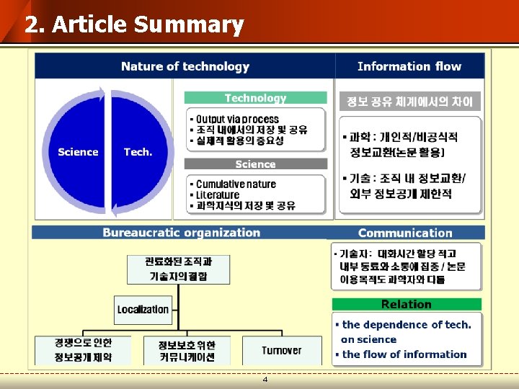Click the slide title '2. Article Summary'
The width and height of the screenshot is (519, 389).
pyautogui.click(x=134, y=24)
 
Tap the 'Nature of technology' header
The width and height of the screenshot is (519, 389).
pyautogui.click(x=185, y=66)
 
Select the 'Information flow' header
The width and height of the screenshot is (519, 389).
pyautogui.click(x=409, y=66)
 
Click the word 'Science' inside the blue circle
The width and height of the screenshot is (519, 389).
pyautogui.click(x=78, y=152)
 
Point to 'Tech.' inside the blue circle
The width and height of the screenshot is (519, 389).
pyautogui.click(x=138, y=152)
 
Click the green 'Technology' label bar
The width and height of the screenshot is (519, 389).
pyautogui.click(x=255, y=98)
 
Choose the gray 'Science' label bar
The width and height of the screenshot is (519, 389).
pyautogui.click(x=255, y=164)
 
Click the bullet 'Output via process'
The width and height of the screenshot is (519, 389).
pyautogui.click(x=237, y=119)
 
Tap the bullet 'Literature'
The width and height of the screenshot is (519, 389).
pyautogui.click(x=217, y=194)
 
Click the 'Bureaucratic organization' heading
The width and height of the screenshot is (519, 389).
pyautogui.click(x=181, y=233)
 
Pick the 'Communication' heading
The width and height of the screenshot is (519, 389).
pyautogui.click(x=405, y=233)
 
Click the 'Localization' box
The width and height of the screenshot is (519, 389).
pyautogui.click(x=143, y=310)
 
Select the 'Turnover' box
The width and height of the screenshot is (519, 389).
pyautogui.click(x=281, y=351)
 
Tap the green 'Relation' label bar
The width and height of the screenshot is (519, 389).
pyautogui.click(x=406, y=304)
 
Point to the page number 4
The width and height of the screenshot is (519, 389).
pyautogui.click(x=265, y=379)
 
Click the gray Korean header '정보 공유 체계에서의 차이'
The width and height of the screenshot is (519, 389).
pyautogui.click(x=409, y=102)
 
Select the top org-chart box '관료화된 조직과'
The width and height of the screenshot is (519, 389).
pyautogui.click(x=178, y=268)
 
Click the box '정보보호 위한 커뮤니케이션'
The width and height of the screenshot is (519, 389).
pyautogui.click(x=187, y=351)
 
